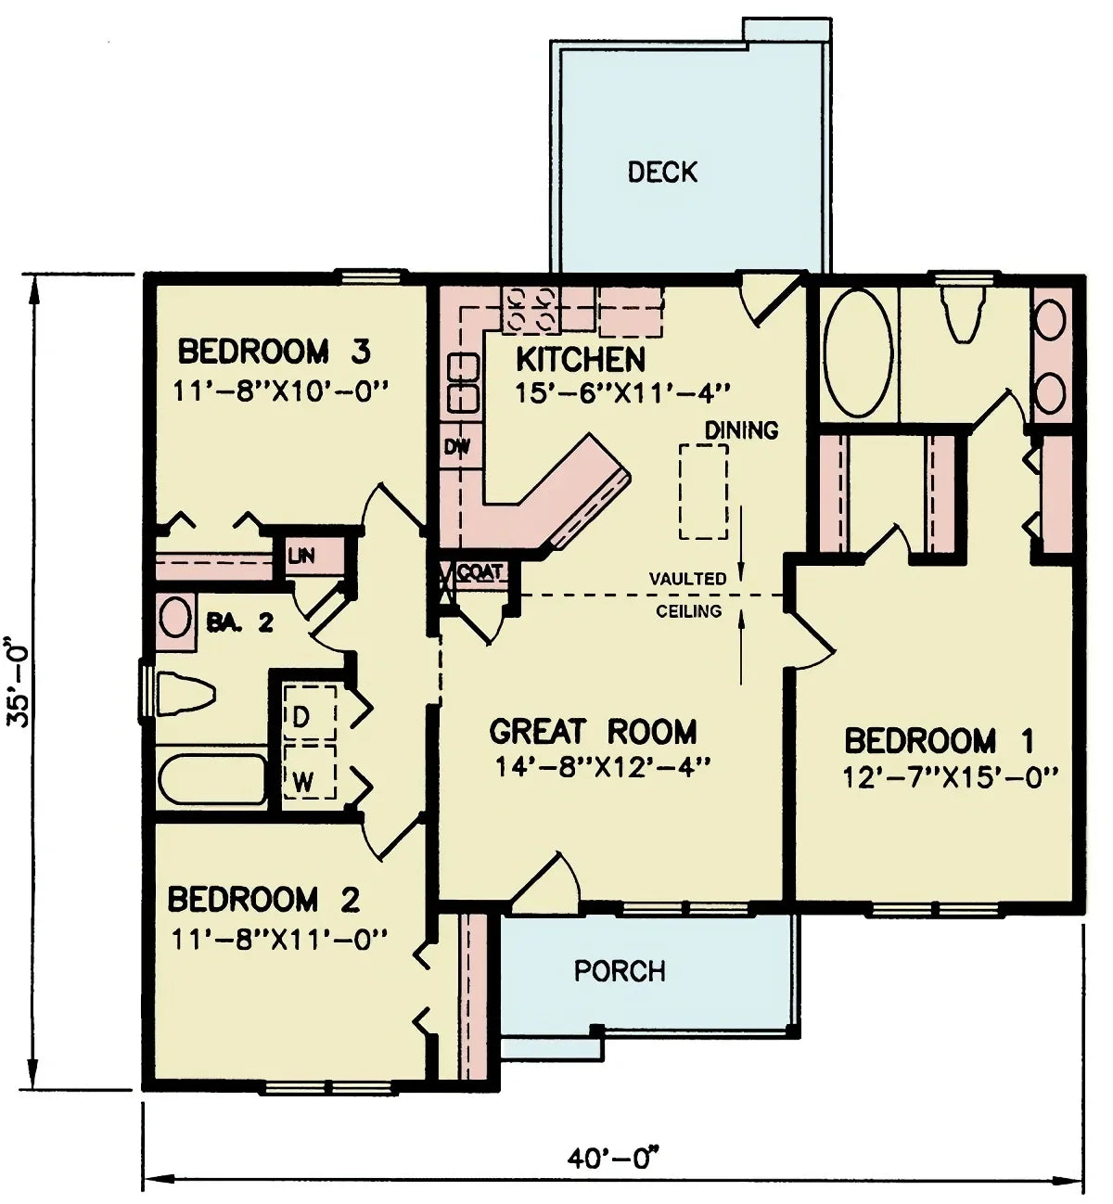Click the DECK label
[662, 173]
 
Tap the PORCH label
[620, 971]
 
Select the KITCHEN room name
[581, 360]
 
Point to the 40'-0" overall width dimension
[613, 1159]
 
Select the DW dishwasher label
[456, 447]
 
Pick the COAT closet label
[480, 572]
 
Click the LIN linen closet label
[301, 557]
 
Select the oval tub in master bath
[858, 353]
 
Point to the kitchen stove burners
[529, 309]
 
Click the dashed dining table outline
[703, 492]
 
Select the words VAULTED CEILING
[688, 595]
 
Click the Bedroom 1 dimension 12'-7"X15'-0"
[950, 776]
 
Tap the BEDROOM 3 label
[275, 352]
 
